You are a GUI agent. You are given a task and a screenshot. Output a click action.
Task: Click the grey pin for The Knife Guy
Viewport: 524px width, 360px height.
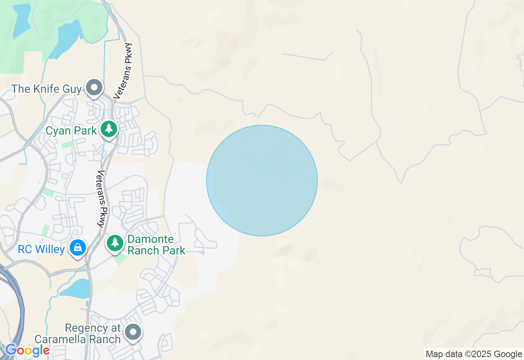pos(95,88)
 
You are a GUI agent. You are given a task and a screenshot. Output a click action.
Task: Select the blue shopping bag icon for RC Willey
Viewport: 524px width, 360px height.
pos(77,248)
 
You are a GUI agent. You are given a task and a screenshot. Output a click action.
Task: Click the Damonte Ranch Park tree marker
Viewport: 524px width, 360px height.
pos(115,243)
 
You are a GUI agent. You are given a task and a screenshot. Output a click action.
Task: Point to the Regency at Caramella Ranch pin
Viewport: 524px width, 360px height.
pos(133,332)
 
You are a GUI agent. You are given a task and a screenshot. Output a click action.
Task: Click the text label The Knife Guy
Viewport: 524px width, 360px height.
pos(46,89)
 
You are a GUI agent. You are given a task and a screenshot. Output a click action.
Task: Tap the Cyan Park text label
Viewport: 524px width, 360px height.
pos(71,131)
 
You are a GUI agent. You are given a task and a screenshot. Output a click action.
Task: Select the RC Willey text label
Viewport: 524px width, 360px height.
pos(41,250)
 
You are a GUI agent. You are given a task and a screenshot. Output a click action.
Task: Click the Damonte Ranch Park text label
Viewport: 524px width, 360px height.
pos(156,245)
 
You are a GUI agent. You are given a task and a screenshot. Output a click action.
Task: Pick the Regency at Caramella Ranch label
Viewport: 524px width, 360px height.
pos(78,334)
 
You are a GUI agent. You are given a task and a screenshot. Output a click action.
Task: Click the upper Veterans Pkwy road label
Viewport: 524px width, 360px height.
pos(123,71)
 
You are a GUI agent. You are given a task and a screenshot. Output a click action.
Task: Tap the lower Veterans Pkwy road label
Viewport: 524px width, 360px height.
pos(102,198)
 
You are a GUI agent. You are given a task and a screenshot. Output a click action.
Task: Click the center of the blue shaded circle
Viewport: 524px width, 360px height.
pos(262,180)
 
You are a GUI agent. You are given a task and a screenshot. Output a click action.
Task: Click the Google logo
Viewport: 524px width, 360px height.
pos(27,350)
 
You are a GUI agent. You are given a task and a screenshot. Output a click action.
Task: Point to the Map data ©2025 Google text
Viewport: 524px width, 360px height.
pos(474,354)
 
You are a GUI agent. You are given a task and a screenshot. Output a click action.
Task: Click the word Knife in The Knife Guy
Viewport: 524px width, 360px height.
pos(47,89)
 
